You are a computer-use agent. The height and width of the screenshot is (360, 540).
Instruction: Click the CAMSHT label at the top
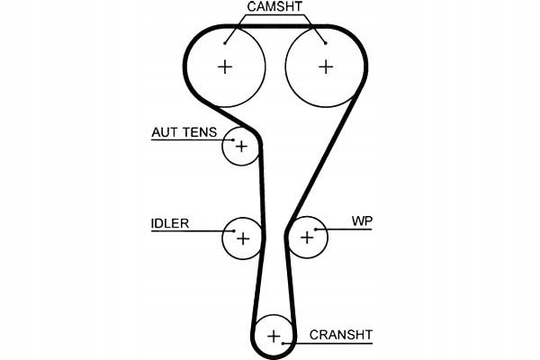(274, 8)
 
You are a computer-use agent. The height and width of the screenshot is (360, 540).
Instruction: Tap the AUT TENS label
(184, 132)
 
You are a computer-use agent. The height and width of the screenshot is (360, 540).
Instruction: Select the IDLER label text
(170, 223)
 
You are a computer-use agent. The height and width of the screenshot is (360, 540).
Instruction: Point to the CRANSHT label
(340, 335)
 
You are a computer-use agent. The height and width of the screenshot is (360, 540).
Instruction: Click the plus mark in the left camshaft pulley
(224, 66)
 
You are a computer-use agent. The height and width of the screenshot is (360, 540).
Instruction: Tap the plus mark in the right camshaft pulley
(325, 66)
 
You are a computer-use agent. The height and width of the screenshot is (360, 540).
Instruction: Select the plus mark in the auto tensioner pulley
(241, 145)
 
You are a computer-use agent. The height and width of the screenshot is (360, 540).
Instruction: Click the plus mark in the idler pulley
(241, 238)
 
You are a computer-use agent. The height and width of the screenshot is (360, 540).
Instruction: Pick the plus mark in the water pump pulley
(308, 238)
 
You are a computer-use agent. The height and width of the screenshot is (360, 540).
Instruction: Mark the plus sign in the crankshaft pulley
(274, 337)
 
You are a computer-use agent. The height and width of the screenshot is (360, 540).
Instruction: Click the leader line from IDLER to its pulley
(193, 231)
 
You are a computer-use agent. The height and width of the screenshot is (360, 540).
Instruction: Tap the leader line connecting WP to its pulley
(346, 229)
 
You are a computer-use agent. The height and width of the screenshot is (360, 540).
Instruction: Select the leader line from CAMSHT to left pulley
(236, 27)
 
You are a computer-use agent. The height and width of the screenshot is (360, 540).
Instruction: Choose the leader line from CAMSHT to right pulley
(311, 26)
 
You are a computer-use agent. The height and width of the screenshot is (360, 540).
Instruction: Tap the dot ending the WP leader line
(316, 229)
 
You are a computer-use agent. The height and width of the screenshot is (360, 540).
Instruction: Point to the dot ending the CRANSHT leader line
(282, 342)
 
